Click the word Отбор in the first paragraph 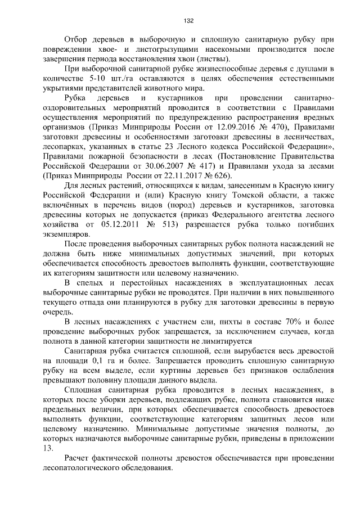click(76, 40)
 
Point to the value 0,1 click(99, 361)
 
